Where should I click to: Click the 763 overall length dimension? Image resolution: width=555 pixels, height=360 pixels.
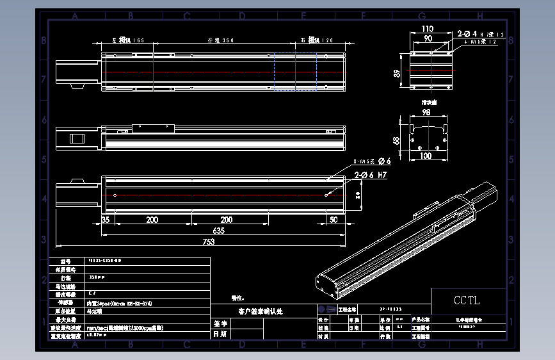(208, 241)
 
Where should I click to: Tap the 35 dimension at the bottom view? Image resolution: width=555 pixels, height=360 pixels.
(106, 220)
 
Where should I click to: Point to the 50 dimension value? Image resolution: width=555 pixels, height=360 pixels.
(333, 220)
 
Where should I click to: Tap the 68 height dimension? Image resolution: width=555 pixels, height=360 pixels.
(397, 139)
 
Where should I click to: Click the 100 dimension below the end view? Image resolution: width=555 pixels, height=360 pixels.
(425, 156)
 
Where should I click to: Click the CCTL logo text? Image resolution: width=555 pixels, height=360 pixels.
(466, 300)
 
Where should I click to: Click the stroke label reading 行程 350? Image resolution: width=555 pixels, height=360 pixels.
(221, 40)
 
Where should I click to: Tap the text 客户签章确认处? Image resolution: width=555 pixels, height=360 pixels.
(260, 311)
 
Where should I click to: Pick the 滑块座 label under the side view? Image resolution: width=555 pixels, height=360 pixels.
(428, 102)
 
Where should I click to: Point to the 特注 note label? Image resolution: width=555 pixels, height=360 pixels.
(237, 299)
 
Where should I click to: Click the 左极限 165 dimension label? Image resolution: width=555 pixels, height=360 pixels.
(128, 40)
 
